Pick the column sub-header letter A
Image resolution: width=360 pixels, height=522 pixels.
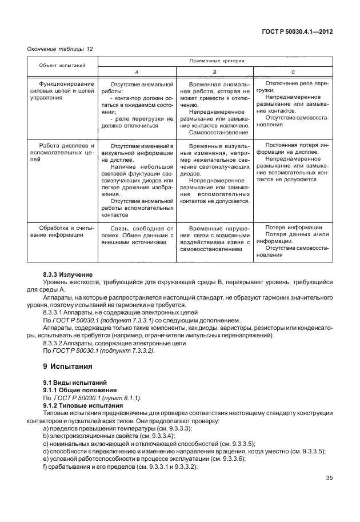(x=136, y=73)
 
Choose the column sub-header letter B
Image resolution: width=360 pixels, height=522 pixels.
(x=214, y=73)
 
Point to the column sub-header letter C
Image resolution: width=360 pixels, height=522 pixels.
(x=293, y=73)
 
